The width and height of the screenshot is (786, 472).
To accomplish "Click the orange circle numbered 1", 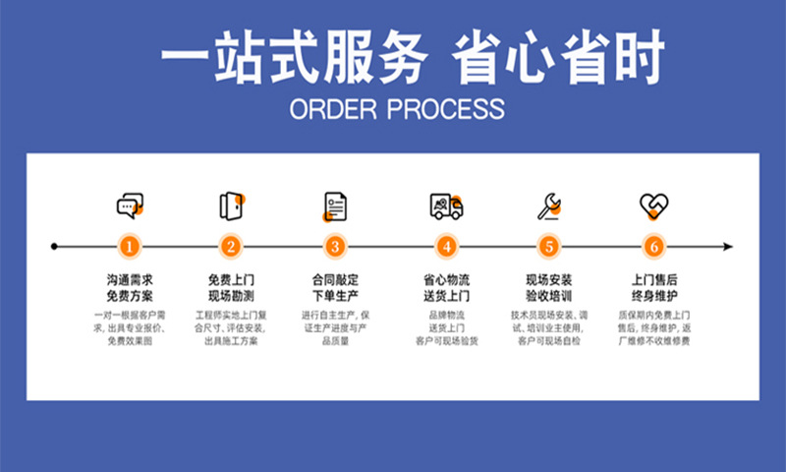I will (130, 246).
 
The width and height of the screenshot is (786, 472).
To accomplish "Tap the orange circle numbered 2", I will (231, 246).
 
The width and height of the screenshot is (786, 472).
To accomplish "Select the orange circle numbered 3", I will (335, 246).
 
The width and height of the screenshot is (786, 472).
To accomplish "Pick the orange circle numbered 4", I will (446, 246).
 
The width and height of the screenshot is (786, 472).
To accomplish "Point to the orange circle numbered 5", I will (548, 246).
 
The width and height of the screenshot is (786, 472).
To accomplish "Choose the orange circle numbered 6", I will (654, 246).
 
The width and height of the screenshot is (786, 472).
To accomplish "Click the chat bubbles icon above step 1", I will (130, 206).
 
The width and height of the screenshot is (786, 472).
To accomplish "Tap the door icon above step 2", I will (231, 206).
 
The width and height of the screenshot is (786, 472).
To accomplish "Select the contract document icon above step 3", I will (335, 206).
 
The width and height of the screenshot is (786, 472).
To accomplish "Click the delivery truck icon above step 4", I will (446, 206).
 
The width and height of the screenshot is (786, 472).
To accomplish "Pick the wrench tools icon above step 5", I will (548, 206).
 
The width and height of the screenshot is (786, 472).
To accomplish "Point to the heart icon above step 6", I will (654, 206).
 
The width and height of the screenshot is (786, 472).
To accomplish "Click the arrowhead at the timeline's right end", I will (728, 246).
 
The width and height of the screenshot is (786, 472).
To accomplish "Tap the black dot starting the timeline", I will (54, 246).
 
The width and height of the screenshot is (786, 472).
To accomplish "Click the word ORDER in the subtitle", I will (329, 107).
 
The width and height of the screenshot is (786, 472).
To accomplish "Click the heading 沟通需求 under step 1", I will (130, 279).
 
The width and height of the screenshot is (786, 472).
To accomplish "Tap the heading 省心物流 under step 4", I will (446, 279).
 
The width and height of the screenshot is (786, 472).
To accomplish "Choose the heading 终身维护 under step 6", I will (654, 295).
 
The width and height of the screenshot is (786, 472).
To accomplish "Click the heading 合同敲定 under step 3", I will (335, 279).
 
